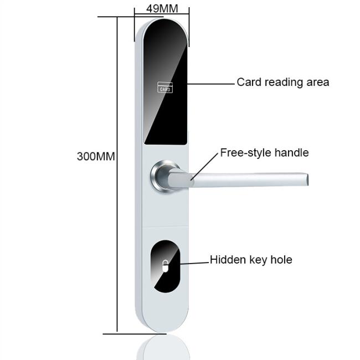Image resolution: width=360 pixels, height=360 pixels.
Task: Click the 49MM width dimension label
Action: [x=162, y=9]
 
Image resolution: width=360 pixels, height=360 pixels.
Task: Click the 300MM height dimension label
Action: [x=96, y=157]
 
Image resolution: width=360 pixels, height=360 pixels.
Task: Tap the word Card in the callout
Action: [x=249, y=82]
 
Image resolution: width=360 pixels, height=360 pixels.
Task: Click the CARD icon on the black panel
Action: [x=165, y=88]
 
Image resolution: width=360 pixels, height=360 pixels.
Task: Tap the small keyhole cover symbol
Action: [x=165, y=266]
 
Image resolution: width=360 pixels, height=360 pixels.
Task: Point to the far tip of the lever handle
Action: [x=307, y=179]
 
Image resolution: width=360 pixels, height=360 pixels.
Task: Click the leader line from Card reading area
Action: [x=211, y=84]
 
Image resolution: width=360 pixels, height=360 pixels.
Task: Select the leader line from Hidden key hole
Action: [x=194, y=263]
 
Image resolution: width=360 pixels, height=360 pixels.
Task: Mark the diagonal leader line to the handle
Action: [x=204, y=166]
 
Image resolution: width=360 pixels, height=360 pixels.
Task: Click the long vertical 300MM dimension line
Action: [x=117, y=174]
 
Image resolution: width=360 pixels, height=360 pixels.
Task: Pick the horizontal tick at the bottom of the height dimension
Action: [x=135, y=334]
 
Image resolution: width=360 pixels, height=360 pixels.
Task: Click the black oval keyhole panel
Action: [x=165, y=266]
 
